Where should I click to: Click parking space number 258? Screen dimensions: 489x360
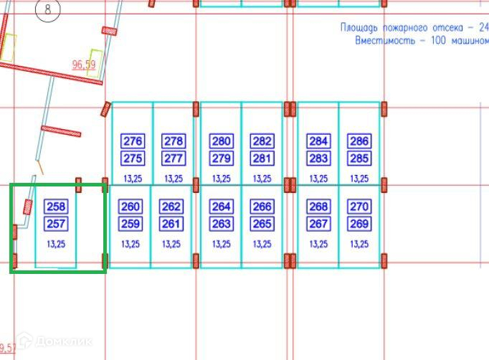click(56, 207)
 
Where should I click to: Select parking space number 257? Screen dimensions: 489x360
click(56, 224)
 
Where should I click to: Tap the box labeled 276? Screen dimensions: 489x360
click(133, 141)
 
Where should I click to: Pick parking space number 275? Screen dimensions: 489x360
click(133, 158)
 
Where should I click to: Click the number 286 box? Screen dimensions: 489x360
click(359, 141)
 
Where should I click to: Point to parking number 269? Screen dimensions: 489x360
click(359, 224)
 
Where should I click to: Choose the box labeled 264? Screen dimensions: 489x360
click(222, 207)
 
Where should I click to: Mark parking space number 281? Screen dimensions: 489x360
click(262, 158)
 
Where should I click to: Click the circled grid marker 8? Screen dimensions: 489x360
click(48, 11)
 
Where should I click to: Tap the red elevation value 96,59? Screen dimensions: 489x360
click(84, 65)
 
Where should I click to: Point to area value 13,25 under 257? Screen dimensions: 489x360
click(56, 245)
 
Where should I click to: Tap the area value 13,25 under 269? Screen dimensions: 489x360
click(359, 245)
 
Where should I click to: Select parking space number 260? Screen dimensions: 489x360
click(130, 207)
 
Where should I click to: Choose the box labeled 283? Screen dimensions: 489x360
click(318, 158)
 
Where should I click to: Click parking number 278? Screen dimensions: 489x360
click(174, 141)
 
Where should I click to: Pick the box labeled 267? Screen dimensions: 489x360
click(318, 224)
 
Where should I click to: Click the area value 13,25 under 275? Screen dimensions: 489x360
click(133, 179)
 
